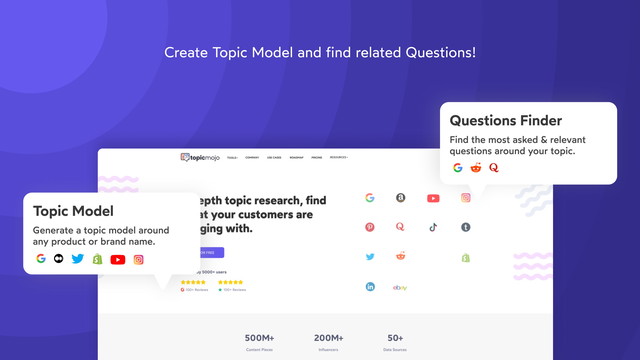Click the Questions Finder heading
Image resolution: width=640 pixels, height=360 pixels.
505,121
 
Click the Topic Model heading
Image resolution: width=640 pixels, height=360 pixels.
73,211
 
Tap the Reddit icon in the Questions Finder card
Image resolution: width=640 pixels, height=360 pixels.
475,168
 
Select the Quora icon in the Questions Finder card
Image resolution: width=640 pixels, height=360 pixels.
493,168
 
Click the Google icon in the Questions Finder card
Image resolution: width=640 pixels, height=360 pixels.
457,168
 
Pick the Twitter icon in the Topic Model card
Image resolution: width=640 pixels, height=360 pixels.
78,259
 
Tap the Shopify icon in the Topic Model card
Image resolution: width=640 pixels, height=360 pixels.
97,259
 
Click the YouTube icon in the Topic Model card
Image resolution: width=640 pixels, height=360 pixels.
118,259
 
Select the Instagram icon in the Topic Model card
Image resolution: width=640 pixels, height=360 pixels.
139,259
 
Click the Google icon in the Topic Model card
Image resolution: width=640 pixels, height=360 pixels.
41,259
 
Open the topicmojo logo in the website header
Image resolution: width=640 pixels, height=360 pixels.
201,157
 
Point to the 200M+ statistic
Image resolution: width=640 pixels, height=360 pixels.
328,337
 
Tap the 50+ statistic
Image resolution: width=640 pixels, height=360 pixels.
396,337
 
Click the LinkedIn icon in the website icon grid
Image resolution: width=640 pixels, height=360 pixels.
370,286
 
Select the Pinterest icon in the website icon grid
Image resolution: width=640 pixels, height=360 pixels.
370,227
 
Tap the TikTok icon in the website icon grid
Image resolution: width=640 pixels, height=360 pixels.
433,227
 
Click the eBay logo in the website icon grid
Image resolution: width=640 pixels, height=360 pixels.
400,286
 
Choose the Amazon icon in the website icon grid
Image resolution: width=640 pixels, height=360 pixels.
401,198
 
